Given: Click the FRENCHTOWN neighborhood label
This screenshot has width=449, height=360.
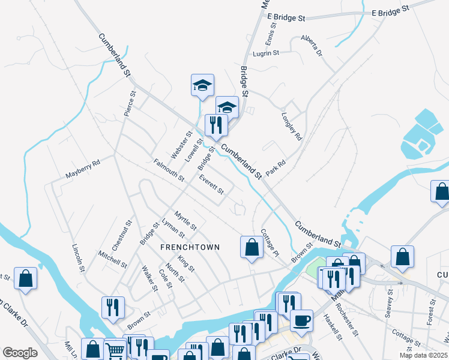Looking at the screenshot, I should click(x=190, y=247).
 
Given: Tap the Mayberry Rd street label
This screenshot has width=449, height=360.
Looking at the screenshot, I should click(x=82, y=169).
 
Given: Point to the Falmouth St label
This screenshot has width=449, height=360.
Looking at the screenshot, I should click(x=169, y=170).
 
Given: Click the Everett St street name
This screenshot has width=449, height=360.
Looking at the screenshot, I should click(x=211, y=184).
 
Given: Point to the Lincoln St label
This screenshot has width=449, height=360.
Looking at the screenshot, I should click(x=77, y=257).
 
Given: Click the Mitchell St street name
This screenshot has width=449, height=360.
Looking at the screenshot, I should click(x=113, y=259).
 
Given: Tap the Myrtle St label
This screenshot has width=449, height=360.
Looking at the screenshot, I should click(x=185, y=220).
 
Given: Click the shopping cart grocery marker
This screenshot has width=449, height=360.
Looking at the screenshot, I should click(x=115, y=349).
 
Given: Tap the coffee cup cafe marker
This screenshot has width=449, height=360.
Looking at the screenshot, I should click(x=301, y=319).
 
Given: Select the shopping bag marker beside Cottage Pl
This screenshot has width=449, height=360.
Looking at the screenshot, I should click(x=251, y=247).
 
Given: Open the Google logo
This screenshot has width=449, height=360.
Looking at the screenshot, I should click(x=20, y=353).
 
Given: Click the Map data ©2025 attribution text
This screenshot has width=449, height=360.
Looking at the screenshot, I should click(x=423, y=355).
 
